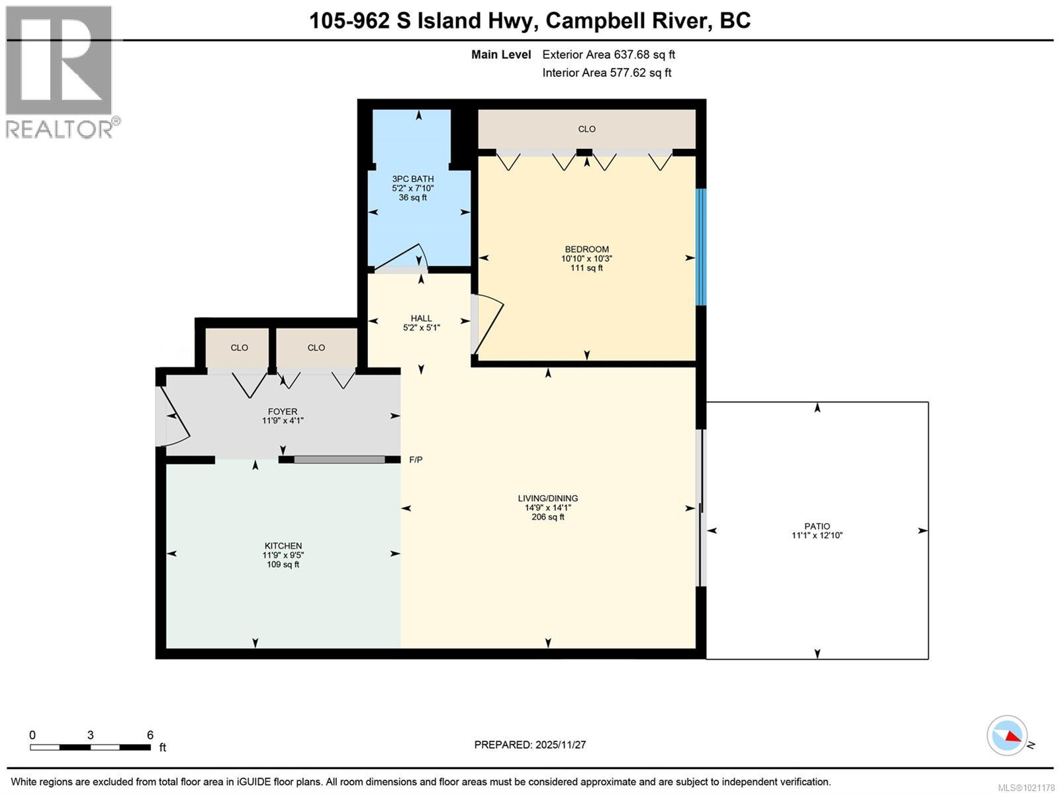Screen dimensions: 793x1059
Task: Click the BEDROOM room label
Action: click(586, 250)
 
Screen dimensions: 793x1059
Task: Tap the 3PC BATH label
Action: click(412, 179)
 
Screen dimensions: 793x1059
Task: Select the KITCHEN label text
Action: click(283, 546)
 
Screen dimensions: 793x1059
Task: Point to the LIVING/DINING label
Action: click(547, 498)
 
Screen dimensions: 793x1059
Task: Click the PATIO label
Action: click(817, 526)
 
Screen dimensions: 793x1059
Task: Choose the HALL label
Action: click(421, 318)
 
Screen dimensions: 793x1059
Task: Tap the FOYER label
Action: click(283, 411)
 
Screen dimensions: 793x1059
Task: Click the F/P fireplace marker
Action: click(416, 459)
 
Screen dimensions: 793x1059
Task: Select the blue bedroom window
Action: click(701, 247)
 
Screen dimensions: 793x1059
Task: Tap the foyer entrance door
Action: click(173, 416)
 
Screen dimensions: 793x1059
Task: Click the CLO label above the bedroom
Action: click(586, 129)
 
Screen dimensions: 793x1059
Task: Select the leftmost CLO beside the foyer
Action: click(239, 348)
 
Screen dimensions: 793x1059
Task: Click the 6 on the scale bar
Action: click(150, 735)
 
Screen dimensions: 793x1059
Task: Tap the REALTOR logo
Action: click(60, 71)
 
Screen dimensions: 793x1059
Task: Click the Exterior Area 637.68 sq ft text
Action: click(608, 55)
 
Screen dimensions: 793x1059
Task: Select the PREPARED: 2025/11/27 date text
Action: click(529, 745)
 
